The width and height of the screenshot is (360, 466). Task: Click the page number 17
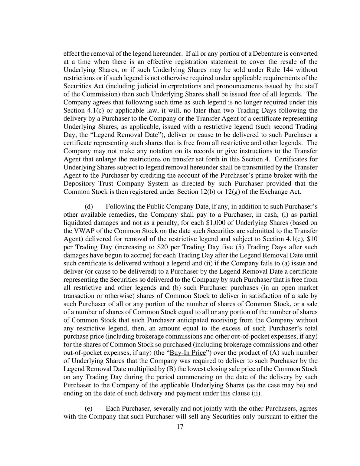pyautogui.click(x=180, y=427)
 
